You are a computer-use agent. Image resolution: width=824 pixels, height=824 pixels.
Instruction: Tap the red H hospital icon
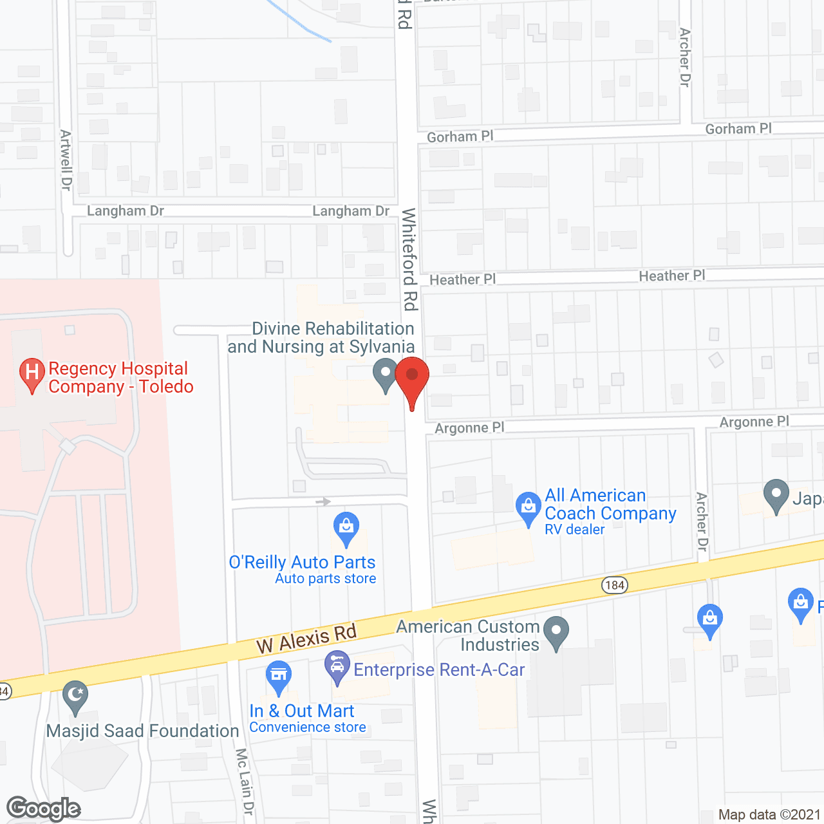[x=32, y=373]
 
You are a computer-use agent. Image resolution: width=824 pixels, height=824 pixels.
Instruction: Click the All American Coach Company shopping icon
[x=529, y=507]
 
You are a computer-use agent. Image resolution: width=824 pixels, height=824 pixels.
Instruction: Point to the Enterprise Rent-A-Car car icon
[x=337, y=666]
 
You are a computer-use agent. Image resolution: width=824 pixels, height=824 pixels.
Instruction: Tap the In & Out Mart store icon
[x=279, y=676]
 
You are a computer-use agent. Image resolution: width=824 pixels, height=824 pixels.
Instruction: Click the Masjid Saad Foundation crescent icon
[x=75, y=695]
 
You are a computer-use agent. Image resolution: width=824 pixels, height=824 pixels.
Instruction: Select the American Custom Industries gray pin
[x=556, y=632]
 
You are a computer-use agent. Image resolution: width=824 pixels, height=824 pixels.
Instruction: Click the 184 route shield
[x=615, y=585]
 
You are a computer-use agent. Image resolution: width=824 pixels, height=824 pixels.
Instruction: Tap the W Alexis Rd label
[x=306, y=638]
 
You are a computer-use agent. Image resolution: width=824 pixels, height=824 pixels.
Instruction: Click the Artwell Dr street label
[x=66, y=160]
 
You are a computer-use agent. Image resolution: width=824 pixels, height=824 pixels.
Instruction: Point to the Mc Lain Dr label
[x=245, y=782]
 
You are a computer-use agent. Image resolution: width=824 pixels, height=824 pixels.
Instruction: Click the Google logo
[x=44, y=809]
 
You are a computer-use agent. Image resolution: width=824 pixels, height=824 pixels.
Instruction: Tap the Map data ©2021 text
[x=769, y=814]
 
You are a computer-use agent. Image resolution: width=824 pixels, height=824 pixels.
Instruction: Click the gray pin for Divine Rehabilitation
[x=386, y=374]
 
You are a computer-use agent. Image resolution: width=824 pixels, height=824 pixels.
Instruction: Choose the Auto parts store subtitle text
[x=326, y=579]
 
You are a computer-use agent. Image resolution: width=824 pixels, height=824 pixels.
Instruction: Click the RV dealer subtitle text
[x=575, y=530]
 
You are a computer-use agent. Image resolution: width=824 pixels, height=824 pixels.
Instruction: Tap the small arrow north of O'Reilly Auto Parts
[x=323, y=501]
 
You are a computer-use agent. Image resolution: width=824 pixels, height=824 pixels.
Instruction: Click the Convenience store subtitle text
[x=308, y=727]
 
